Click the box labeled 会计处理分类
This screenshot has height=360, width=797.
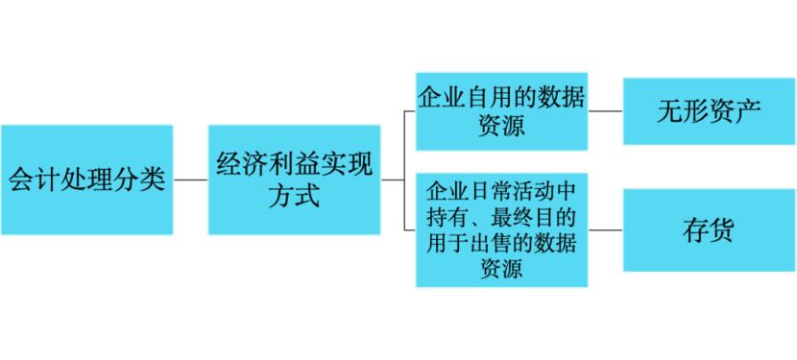(87, 180)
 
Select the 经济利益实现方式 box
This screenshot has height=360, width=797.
(294, 180)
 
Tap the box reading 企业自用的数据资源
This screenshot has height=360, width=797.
(501, 111)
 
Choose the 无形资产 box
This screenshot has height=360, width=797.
(709, 111)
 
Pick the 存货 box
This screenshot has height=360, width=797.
(709, 229)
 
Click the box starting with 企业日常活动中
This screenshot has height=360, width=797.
(501, 229)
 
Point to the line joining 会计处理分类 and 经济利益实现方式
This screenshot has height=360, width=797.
(191, 180)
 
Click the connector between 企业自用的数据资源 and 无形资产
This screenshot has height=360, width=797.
(605, 111)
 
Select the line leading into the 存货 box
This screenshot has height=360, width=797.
(605, 229)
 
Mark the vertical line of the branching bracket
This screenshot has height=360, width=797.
(404, 171)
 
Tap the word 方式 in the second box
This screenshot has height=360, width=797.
(294, 196)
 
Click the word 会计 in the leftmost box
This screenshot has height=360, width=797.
(36, 180)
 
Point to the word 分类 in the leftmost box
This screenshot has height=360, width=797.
(140, 180)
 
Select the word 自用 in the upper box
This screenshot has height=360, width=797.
(490, 98)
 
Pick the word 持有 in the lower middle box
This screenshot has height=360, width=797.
(448, 218)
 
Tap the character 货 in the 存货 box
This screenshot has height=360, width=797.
(722, 230)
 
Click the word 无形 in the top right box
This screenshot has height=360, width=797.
(683, 111)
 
